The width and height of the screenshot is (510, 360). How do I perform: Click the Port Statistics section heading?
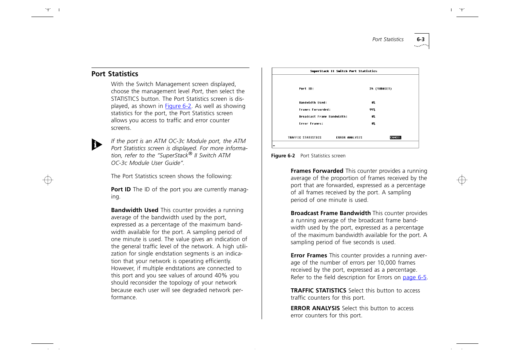(115, 74)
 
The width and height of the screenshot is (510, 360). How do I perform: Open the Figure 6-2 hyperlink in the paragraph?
(178, 106)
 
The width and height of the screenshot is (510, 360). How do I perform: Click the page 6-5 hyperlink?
(414, 277)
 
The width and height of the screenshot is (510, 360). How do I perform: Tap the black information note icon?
(97, 145)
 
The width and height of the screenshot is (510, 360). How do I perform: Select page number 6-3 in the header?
(421, 39)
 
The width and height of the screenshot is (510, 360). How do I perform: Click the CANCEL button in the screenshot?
(395, 138)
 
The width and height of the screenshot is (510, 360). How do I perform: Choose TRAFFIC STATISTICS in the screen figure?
(304, 138)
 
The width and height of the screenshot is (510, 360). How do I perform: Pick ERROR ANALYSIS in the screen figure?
(349, 138)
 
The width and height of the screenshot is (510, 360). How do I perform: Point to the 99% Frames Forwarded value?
(372, 110)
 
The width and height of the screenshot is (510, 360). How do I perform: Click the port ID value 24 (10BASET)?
(380, 89)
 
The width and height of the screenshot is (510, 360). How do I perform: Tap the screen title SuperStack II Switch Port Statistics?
(344, 71)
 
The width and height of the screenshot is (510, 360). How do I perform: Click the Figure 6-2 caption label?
(283, 156)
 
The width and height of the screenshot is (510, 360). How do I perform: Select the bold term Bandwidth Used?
(134, 210)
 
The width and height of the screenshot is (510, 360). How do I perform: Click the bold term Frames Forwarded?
(317, 171)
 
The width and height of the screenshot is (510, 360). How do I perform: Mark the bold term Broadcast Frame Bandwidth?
(330, 213)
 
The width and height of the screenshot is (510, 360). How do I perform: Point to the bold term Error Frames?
(309, 255)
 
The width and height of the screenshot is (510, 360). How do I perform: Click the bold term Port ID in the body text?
(121, 189)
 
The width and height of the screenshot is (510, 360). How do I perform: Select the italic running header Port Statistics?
(388, 39)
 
